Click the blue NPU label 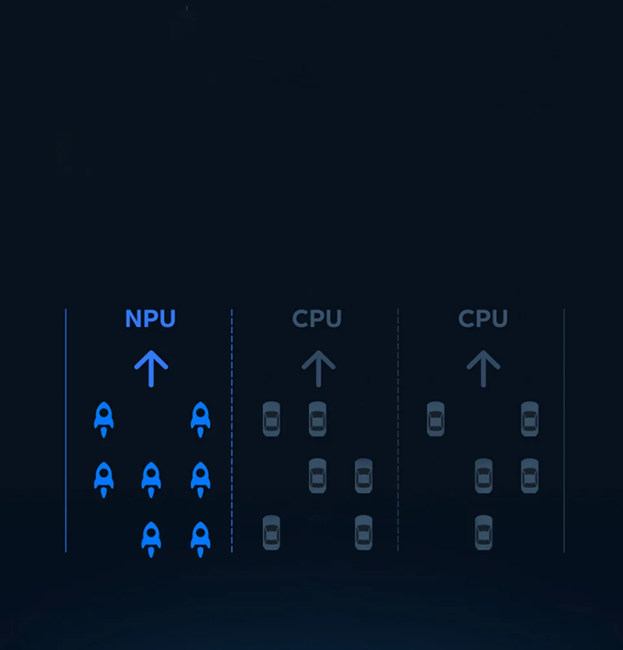[x=150, y=319]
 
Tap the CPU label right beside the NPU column [x=317, y=319]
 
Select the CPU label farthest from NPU [x=483, y=319]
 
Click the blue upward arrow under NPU [x=151, y=368]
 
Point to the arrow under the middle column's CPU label [x=318, y=368]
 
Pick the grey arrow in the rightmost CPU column [x=483, y=368]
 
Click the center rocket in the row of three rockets [x=151, y=479]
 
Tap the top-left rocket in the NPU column [x=104, y=418]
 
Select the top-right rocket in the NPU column [x=201, y=418]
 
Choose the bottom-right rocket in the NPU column [x=201, y=538]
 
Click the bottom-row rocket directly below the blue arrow [x=151, y=538]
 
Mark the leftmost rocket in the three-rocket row [x=104, y=479]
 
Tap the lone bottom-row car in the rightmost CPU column [x=483, y=533]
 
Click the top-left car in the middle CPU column [x=271, y=418]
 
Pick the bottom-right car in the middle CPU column [x=363, y=533]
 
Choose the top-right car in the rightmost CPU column [x=530, y=418]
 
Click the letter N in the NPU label [x=132, y=319]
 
